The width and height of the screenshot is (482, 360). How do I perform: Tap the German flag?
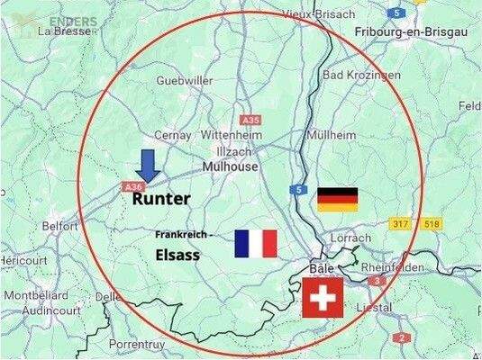tap(337, 199)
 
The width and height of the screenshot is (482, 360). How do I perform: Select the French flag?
tap(255, 244)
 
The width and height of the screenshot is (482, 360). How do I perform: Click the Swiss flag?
tap(323, 298)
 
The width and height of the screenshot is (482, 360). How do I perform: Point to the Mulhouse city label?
tap(231, 167)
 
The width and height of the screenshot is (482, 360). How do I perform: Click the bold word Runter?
tap(161, 199)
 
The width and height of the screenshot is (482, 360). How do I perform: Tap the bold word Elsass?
tap(176, 255)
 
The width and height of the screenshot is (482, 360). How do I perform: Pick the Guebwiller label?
tap(184, 81)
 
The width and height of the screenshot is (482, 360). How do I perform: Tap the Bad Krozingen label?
tap(360, 76)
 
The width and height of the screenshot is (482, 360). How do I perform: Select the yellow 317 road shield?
tap(400, 222)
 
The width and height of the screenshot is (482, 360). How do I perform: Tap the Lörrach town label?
tap(350, 238)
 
